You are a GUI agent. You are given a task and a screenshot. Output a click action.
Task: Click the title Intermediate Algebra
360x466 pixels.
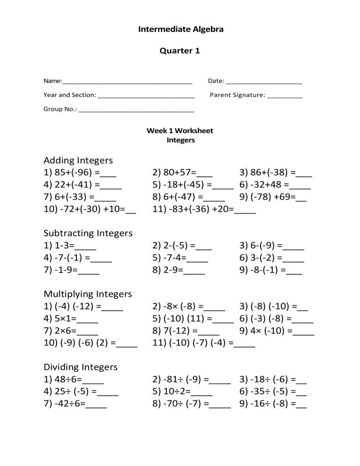coord(180,30)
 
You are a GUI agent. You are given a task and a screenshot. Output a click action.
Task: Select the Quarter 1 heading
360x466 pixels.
coord(180,51)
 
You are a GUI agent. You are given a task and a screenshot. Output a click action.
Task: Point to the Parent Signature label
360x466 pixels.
coord(237,95)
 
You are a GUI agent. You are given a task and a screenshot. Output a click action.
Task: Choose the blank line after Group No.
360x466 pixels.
coord(136,112)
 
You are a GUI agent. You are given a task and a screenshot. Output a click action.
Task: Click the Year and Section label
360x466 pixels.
coord(70,95)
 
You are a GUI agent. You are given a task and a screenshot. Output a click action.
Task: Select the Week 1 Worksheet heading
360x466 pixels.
coord(180,131)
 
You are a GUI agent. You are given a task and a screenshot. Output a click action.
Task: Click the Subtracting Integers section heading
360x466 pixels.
coord(88,233)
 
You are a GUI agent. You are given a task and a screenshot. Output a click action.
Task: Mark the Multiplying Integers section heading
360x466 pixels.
coord(88,294)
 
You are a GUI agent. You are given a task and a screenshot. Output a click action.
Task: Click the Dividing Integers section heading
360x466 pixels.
coord(80,367)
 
